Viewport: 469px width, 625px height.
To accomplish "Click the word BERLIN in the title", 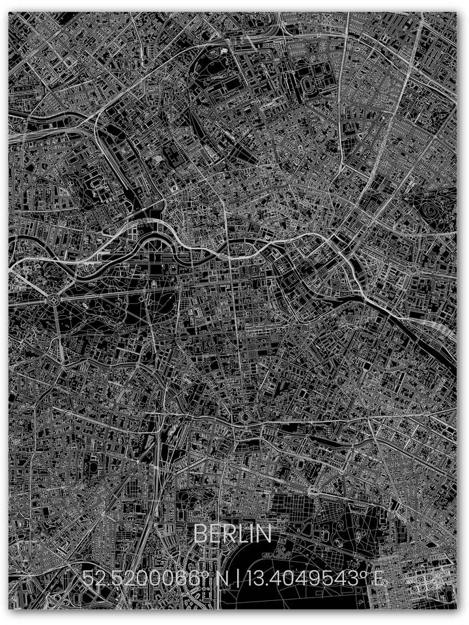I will (233, 534).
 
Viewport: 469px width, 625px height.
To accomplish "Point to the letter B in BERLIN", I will (200, 534).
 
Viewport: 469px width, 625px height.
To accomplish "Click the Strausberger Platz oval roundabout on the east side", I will (413, 268).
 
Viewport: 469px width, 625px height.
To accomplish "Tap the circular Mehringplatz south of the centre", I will (246, 416).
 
